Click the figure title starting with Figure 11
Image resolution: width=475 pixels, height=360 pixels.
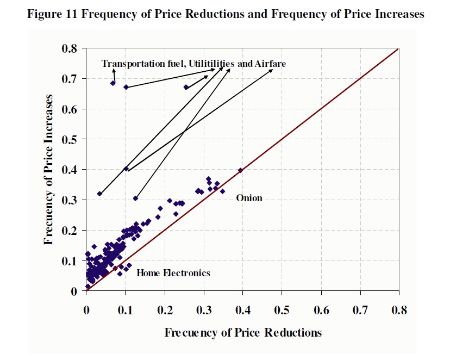[226, 15]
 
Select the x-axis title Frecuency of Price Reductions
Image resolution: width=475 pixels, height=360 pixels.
[243, 332]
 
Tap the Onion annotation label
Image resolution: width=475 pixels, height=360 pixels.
[249, 198]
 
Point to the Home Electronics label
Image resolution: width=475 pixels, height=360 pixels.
[173, 273]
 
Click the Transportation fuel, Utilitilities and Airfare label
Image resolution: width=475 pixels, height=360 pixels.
[193, 64]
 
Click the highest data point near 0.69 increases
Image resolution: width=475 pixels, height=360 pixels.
[113, 83]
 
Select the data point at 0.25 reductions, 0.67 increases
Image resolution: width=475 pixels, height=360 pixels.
[186, 87]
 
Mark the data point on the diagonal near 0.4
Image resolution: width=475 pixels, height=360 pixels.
[240, 170]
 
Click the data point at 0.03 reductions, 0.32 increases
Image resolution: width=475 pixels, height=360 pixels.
[99, 194]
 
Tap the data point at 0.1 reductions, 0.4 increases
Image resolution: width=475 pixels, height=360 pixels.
[126, 169]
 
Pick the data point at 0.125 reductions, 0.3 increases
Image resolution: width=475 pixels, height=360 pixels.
[135, 198]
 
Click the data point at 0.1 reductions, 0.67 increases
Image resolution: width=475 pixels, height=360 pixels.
[126, 87]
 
